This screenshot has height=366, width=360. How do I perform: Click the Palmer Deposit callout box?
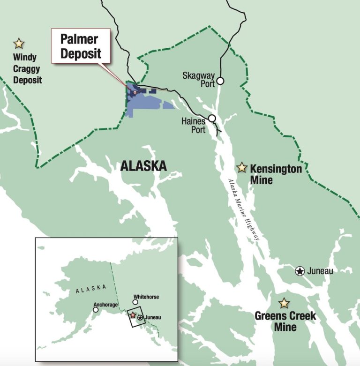81,45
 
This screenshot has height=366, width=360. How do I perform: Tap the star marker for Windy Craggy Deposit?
19,44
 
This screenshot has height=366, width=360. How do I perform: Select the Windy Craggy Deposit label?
27,69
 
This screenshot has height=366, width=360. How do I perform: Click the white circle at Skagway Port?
220,81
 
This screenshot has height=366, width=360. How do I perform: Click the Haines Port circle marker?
212,118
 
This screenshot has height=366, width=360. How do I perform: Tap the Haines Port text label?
193,126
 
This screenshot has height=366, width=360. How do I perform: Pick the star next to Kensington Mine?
242,167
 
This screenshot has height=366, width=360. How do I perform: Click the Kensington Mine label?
275,174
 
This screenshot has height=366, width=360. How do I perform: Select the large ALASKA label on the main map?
143,165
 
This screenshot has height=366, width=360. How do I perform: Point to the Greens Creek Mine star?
284,303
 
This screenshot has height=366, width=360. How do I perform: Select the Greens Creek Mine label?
285,321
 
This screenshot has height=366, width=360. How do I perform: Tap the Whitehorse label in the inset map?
147,297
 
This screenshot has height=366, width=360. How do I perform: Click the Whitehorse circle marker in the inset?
135,302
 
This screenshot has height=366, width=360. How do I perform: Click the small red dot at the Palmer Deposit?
135,92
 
